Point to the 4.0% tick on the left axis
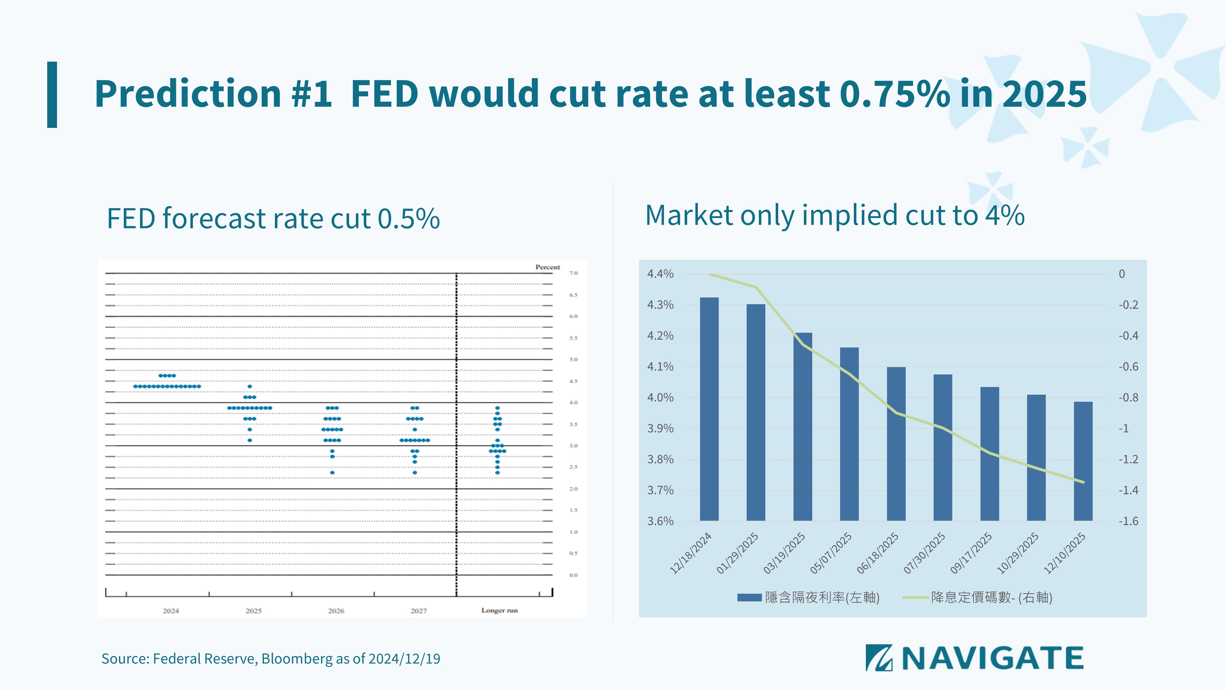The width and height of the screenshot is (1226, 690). (660, 398)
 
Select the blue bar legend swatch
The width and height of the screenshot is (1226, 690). (749, 597)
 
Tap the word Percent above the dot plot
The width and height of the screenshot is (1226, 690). (547, 267)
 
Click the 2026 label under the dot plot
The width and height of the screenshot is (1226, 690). (336, 611)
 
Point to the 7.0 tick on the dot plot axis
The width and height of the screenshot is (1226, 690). (573, 273)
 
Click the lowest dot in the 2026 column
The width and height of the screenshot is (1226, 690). (332, 472)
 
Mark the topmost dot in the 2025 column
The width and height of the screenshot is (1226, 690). (250, 386)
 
